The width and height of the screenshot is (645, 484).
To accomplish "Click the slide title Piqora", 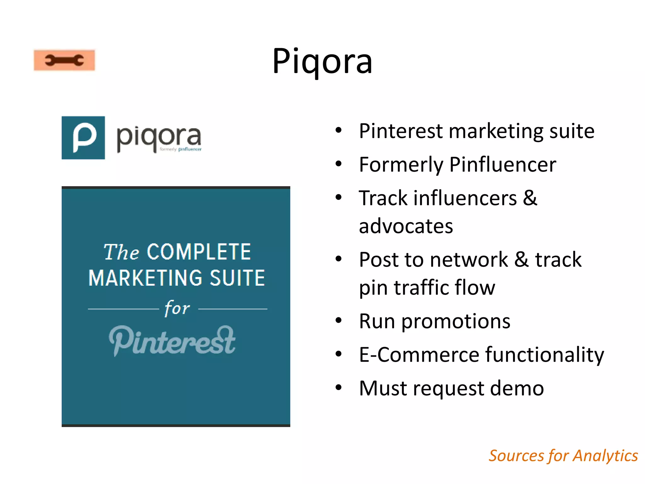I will coord(322,61).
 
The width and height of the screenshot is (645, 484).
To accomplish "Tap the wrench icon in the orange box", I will coord(64,60).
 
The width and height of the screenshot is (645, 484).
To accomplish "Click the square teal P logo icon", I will coord(83,138).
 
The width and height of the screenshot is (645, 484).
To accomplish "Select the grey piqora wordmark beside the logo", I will coord(158,137).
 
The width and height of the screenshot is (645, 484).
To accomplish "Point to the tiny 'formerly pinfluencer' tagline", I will coord(180,149).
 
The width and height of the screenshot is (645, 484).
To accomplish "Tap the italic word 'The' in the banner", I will coord(121,252).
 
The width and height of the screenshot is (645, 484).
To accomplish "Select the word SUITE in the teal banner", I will coord(237,278).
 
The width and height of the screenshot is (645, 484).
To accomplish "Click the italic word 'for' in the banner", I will coord(177,308).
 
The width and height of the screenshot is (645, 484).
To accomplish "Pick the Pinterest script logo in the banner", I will coord(172,341).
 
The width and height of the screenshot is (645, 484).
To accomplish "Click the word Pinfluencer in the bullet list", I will coord(503,164).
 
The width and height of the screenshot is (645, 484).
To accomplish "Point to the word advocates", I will coord(406,226).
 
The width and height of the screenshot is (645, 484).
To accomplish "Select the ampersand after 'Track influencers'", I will coord(530,198).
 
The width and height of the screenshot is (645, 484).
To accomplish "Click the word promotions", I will coord(456,321).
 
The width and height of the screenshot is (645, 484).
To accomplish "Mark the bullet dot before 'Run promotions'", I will coord(339,321).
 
